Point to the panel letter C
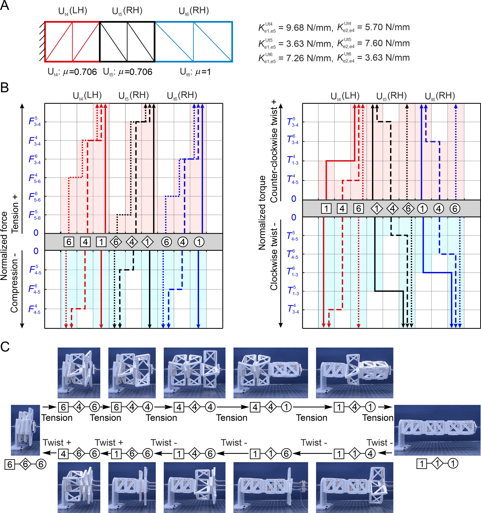click(x=5, y=347)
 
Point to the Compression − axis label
click(x=14, y=283)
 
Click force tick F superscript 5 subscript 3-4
click(x=35, y=121)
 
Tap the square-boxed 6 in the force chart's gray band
click(x=69, y=242)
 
